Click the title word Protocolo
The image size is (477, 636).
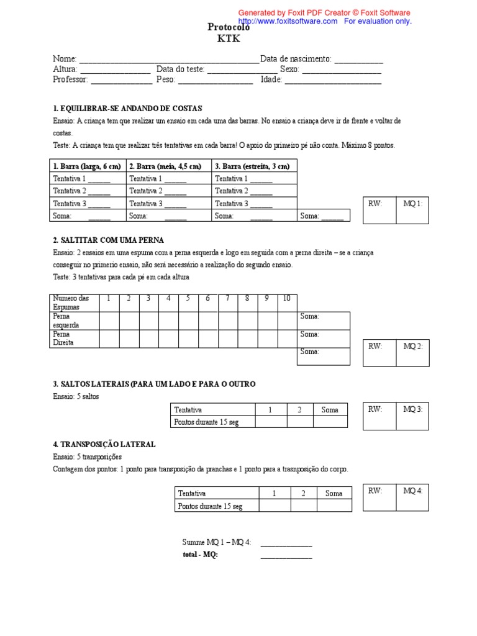228,27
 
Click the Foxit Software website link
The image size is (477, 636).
288,21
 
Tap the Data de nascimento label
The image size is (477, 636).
296,59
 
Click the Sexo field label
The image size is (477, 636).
289,70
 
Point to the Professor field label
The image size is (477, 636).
71,80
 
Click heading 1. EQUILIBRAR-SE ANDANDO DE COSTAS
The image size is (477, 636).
127,108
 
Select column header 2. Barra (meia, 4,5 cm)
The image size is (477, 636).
165,166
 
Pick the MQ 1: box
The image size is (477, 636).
412,210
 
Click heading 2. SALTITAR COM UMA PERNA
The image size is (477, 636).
108,240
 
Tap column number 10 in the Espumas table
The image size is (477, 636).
286,299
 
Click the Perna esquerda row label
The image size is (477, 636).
66,320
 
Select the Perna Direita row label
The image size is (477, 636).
63,338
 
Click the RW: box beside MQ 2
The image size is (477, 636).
379,352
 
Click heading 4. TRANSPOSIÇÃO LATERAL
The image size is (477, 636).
104,445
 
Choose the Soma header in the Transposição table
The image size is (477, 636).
334,493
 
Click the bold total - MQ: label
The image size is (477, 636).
199,555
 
